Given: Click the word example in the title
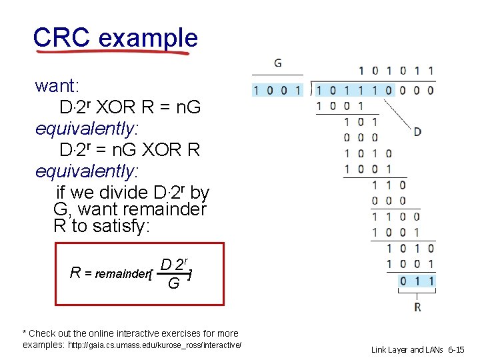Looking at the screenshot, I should pyautogui.click(x=148, y=38).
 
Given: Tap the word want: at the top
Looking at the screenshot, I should pyautogui.click(x=57, y=86).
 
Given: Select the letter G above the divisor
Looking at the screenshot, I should pyautogui.click(x=277, y=63).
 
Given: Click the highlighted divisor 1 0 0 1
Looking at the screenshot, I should pyautogui.click(x=277, y=90).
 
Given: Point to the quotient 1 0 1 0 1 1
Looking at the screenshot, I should pyautogui.click(x=396, y=70).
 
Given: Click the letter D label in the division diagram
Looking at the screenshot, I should pyautogui.click(x=417, y=132).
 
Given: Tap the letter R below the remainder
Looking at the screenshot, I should pyautogui.click(x=417, y=307).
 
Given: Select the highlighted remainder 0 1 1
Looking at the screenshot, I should pyautogui.click(x=417, y=281).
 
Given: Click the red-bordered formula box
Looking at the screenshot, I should pyautogui.click(x=140, y=274).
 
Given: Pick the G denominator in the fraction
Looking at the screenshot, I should pyautogui.click(x=173, y=284).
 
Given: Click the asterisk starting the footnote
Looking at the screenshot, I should pyautogui.click(x=25, y=333).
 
